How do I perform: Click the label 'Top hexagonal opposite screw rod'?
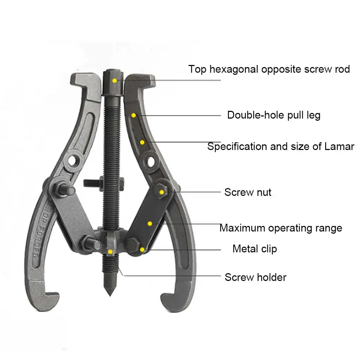pyautogui.click(x=269, y=69)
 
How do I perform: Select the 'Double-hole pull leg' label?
pyautogui.click(x=274, y=115)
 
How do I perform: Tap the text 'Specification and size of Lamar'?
pyautogui.click(x=281, y=146)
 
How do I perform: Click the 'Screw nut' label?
pyautogui.click(x=248, y=192)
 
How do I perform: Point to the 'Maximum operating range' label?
pyautogui.click(x=281, y=228)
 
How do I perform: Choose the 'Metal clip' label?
pyautogui.click(x=254, y=249)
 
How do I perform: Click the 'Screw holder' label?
pyautogui.click(x=255, y=277)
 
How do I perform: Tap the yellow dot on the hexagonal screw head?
pyautogui.click(x=115, y=80)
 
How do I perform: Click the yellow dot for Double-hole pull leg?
pyautogui.click(x=134, y=115)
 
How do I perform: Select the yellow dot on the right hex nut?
pyautogui.click(x=162, y=192)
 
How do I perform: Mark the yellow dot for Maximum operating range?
pyautogui.click(x=150, y=223)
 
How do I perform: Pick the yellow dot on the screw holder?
pyautogui.click(x=111, y=252)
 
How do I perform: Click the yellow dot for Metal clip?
pyautogui.click(x=142, y=250)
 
